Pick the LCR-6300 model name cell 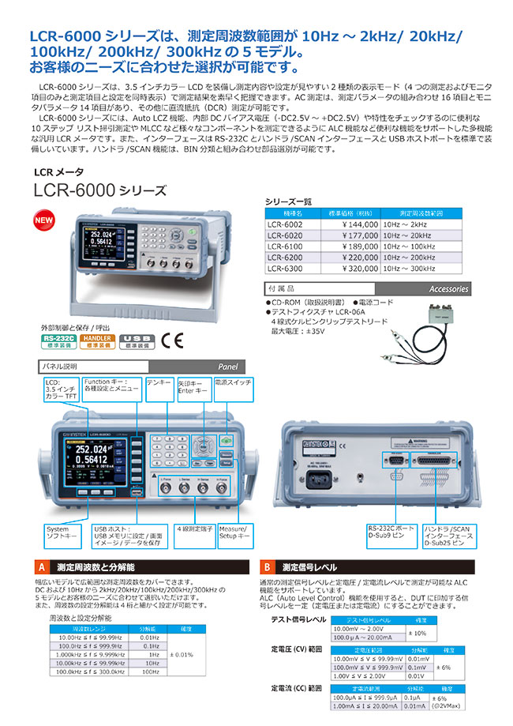click(x=286, y=268)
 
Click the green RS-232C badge click(x=57, y=340)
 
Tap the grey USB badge click(x=136, y=340)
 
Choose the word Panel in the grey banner click(x=228, y=367)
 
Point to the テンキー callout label click(x=159, y=382)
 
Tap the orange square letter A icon click(x=43, y=567)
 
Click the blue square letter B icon click(x=268, y=567)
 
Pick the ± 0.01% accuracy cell click(x=182, y=656)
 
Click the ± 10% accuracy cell click(x=418, y=633)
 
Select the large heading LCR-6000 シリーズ click(x=100, y=190)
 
